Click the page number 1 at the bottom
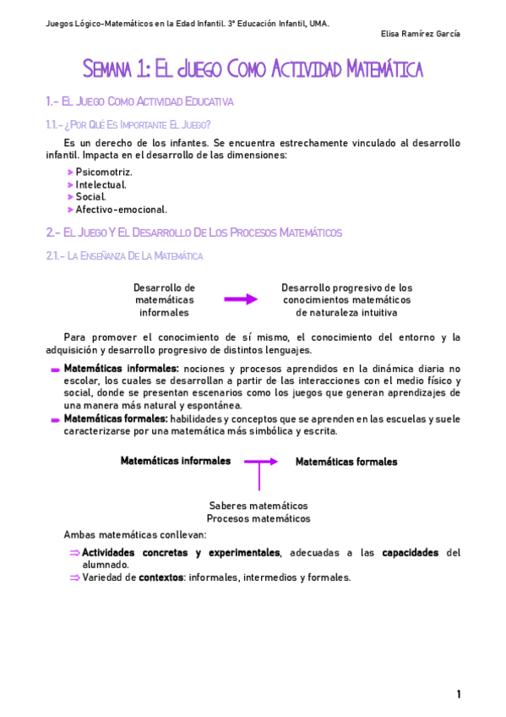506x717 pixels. tap(459, 694)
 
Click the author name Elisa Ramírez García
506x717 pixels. tap(419, 34)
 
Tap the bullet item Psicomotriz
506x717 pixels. tap(104, 172)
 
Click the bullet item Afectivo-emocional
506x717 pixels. tap(122, 210)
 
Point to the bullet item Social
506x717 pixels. tap(91, 197)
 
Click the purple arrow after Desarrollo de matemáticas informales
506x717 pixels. tap(241, 299)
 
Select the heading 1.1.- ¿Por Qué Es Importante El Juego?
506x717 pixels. tap(128, 124)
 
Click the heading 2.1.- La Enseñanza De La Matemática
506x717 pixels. tap(124, 255)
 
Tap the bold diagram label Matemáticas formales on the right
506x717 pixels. tap(345, 462)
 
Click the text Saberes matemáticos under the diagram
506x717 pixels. tap(258, 506)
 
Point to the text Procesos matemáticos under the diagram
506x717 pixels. tap(258, 518)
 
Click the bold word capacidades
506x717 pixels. tap(410, 553)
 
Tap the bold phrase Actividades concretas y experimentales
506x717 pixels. tap(180, 553)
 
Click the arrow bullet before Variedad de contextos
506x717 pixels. tap(74, 578)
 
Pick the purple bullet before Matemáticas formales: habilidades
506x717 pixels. tap(55, 419)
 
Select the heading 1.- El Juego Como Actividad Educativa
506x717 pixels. tap(139, 102)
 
